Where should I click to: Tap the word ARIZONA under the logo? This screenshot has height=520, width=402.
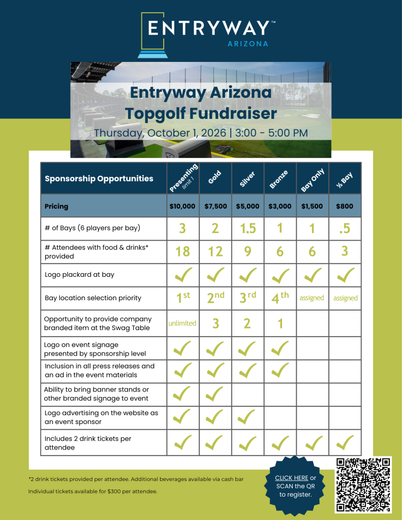[x=247, y=44]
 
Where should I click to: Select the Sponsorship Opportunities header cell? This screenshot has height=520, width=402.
[x=99, y=178]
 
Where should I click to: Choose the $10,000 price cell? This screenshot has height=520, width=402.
[x=182, y=207]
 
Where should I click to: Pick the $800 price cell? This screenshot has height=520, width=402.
[x=345, y=207]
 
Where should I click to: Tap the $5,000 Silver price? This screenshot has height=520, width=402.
[x=248, y=207]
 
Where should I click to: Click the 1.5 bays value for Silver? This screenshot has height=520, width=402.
[x=248, y=229]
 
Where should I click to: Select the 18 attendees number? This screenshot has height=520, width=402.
[x=182, y=251]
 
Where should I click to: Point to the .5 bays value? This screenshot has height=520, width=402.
[x=345, y=229]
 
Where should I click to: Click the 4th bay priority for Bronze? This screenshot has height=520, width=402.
[x=280, y=298]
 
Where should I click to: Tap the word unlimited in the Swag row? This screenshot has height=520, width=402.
[x=182, y=323]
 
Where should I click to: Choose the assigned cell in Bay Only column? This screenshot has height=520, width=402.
[x=312, y=298]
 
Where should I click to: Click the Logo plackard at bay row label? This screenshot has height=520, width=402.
[x=79, y=275]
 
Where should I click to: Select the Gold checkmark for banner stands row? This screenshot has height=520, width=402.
[x=215, y=394]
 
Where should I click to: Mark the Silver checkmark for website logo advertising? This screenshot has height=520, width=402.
[x=248, y=417]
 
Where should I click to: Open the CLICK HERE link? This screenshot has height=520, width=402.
[x=291, y=478]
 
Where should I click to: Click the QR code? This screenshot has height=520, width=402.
[x=363, y=484]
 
